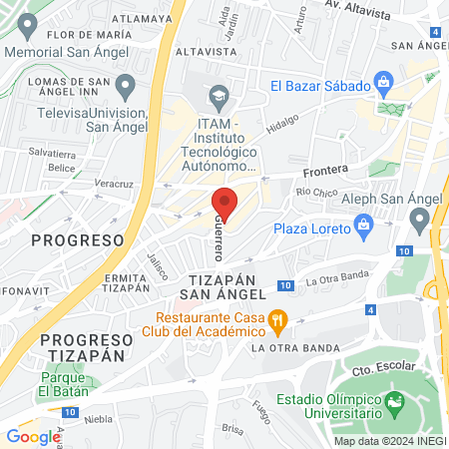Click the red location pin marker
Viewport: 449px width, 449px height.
(x=224, y=203)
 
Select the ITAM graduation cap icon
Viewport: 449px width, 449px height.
(x=219, y=96)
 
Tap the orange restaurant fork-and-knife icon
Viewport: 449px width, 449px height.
(x=279, y=321)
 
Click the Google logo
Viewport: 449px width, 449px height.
(x=33, y=436)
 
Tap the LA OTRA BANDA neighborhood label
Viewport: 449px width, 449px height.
(x=288, y=348)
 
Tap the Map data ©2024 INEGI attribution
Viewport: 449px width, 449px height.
(x=389, y=440)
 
